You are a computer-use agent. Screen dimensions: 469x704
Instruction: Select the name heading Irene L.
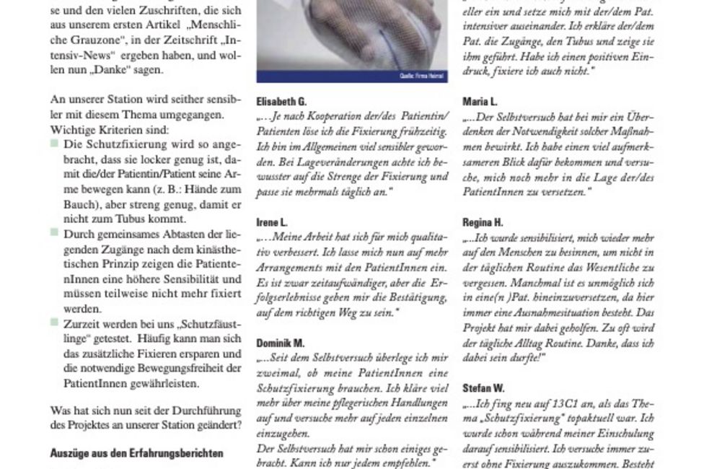point(272,223)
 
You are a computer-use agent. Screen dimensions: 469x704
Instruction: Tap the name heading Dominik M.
point(281,343)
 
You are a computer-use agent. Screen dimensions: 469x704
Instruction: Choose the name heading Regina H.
point(483,223)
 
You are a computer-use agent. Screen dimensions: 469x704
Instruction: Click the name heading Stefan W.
point(483,388)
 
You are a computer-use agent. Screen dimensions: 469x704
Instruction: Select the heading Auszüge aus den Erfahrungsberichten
point(136,453)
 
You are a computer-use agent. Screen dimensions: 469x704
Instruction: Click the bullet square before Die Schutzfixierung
point(55,144)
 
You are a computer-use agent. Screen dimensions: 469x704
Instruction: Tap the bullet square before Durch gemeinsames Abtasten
point(55,234)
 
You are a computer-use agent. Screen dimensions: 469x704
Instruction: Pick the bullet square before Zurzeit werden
point(55,323)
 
